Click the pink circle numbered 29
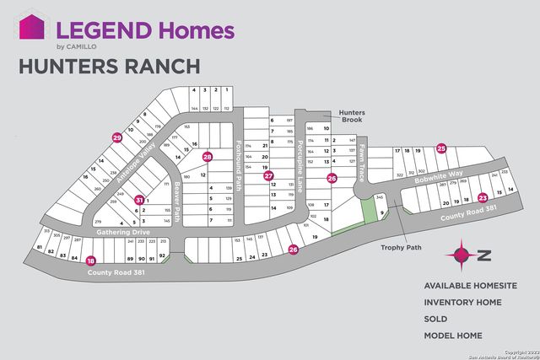click(x=117, y=137)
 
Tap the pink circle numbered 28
click(x=208, y=157)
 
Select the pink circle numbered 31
click(x=140, y=200)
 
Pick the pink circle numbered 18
click(x=91, y=261)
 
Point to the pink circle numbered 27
click(x=268, y=176)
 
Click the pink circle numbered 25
click(x=441, y=148)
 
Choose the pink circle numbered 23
click(x=483, y=198)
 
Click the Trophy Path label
click(x=397, y=247)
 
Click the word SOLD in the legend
click(x=435, y=320)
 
